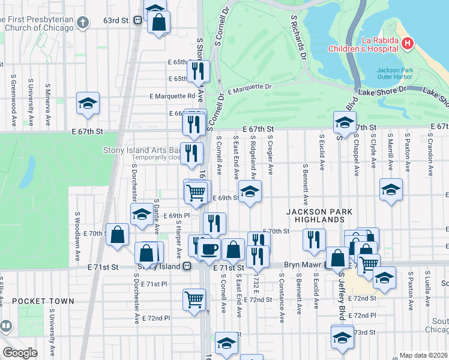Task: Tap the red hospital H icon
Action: tap(408, 43)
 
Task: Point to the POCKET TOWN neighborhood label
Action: tap(43, 301)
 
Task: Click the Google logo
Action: tap(20, 353)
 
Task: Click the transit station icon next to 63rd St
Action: tap(138, 20)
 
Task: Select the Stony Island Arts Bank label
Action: tap(142, 149)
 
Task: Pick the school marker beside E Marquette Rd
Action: tap(88, 103)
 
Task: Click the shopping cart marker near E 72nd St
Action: tap(194, 299)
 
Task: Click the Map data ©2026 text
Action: tap(423, 355)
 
